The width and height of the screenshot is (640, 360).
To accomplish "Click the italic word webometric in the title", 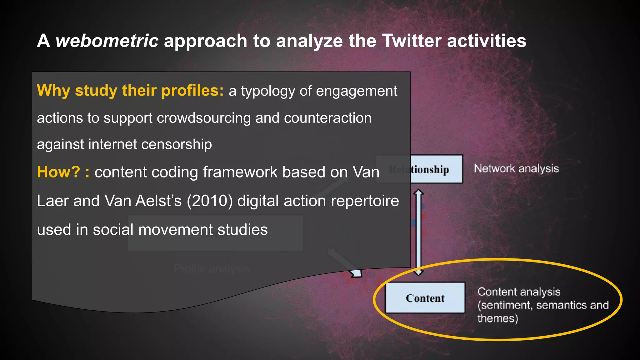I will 107,41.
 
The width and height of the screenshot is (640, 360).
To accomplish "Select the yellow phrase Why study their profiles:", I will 130,91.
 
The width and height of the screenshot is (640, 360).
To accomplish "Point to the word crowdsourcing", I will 204,118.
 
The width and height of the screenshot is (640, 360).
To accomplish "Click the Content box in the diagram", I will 425,298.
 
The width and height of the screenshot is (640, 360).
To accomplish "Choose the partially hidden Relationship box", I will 436,169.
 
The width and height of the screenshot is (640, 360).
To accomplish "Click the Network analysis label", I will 516,168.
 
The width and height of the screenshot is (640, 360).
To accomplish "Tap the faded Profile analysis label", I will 212,269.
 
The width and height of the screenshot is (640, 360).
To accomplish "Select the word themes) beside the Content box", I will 497,318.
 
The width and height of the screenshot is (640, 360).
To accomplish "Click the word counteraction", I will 327,118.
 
